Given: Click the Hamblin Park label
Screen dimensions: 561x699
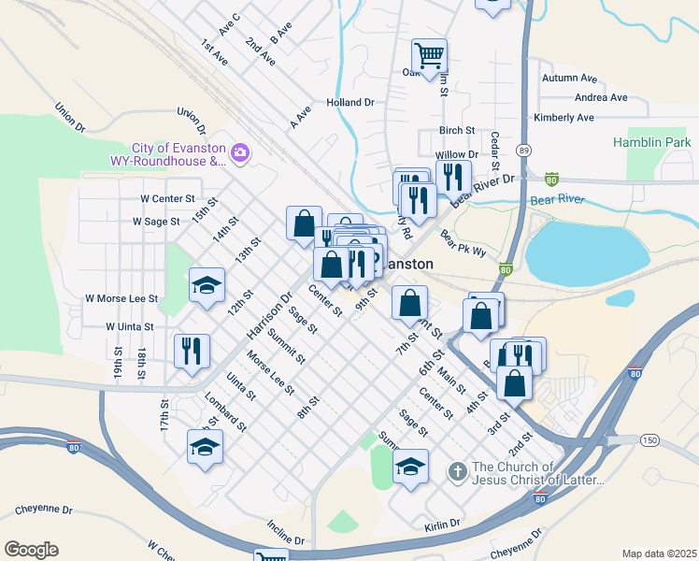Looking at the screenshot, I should pos(652,142).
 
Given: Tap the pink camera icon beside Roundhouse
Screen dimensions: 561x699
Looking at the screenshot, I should pos(240,151).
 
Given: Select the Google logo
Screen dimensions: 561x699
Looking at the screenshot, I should pos(31,549).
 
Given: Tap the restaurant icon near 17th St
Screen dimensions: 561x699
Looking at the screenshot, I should pos(192,351).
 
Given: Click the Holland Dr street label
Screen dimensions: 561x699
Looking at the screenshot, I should pos(349,102).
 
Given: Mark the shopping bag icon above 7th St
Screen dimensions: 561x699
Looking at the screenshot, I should pos(409,303).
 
